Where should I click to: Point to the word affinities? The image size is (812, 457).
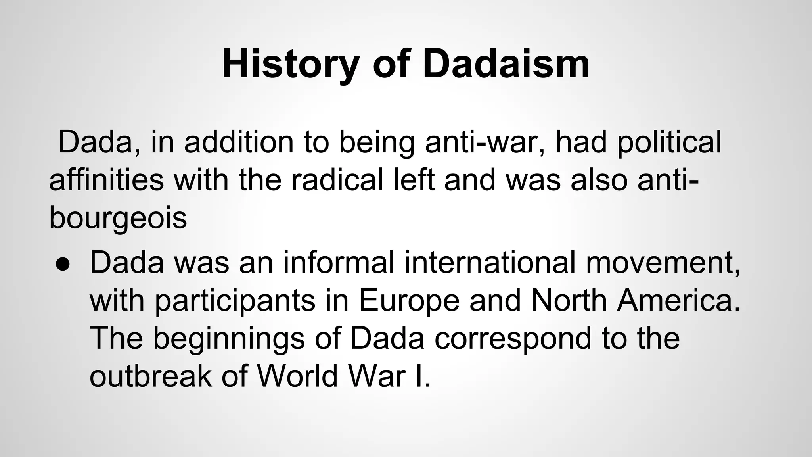106,180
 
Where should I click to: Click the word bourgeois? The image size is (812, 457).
118,218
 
